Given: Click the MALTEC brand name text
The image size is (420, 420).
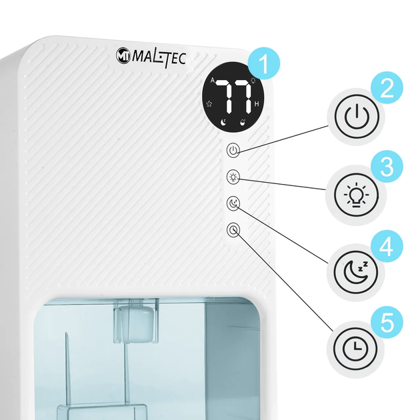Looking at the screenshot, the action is [x=159, y=58].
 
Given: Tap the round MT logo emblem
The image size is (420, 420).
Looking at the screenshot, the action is [x=123, y=56].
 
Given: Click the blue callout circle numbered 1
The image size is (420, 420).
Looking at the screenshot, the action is [x=264, y=63].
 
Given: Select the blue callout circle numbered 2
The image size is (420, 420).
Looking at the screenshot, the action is [x=387, y=87].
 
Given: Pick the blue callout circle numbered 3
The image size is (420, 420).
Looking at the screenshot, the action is [x=387, y=167].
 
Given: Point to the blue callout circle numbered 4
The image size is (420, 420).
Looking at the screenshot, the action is [x=387, y=246].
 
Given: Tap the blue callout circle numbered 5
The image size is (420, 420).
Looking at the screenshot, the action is [x=387, y=322].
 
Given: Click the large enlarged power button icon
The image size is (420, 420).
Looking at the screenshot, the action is [x=357, y=116].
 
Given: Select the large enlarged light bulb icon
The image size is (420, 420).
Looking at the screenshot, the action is [x=356, y=195].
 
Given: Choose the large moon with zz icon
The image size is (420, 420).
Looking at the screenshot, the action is [x=356, y=272].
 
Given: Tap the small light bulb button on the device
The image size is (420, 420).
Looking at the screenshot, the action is [x=233, y=177].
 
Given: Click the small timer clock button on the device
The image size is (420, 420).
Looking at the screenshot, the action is [x=233, y=230].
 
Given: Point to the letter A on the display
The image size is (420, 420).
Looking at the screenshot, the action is [x=213, y=80].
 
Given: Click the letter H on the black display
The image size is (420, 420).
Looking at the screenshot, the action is [x=257, y=104].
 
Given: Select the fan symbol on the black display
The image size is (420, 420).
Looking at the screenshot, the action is [x=209, y=104].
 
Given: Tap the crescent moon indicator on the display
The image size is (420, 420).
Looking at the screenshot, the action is [x=223, y=122].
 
